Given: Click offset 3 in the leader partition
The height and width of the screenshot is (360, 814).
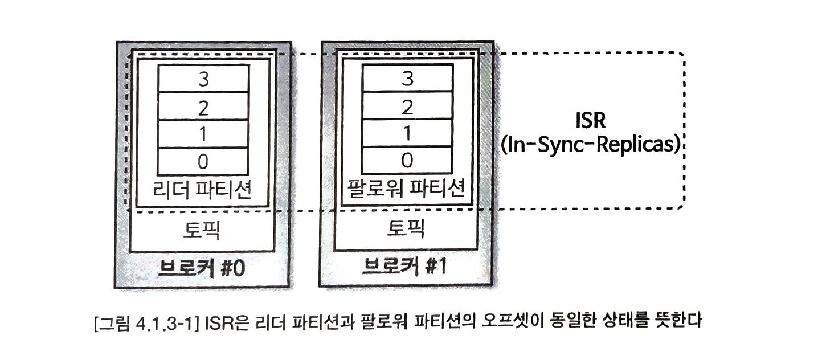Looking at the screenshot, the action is coord(203,79).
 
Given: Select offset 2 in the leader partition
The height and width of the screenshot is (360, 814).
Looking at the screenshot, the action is coord(203,106).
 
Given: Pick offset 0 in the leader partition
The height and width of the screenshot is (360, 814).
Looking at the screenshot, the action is coord(203,161).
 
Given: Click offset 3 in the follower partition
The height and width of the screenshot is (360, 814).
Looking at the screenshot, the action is coord(407,79).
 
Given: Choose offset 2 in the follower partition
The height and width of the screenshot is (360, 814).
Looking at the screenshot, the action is coord(407,106).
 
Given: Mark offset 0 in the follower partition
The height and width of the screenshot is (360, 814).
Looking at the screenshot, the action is coord(407,161).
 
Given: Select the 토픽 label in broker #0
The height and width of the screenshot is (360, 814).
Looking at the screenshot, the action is coord(203,230).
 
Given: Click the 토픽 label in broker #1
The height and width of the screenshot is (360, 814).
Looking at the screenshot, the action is coord(407,230).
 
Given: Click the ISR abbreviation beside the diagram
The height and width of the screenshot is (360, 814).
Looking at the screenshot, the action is coord(592,122).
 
